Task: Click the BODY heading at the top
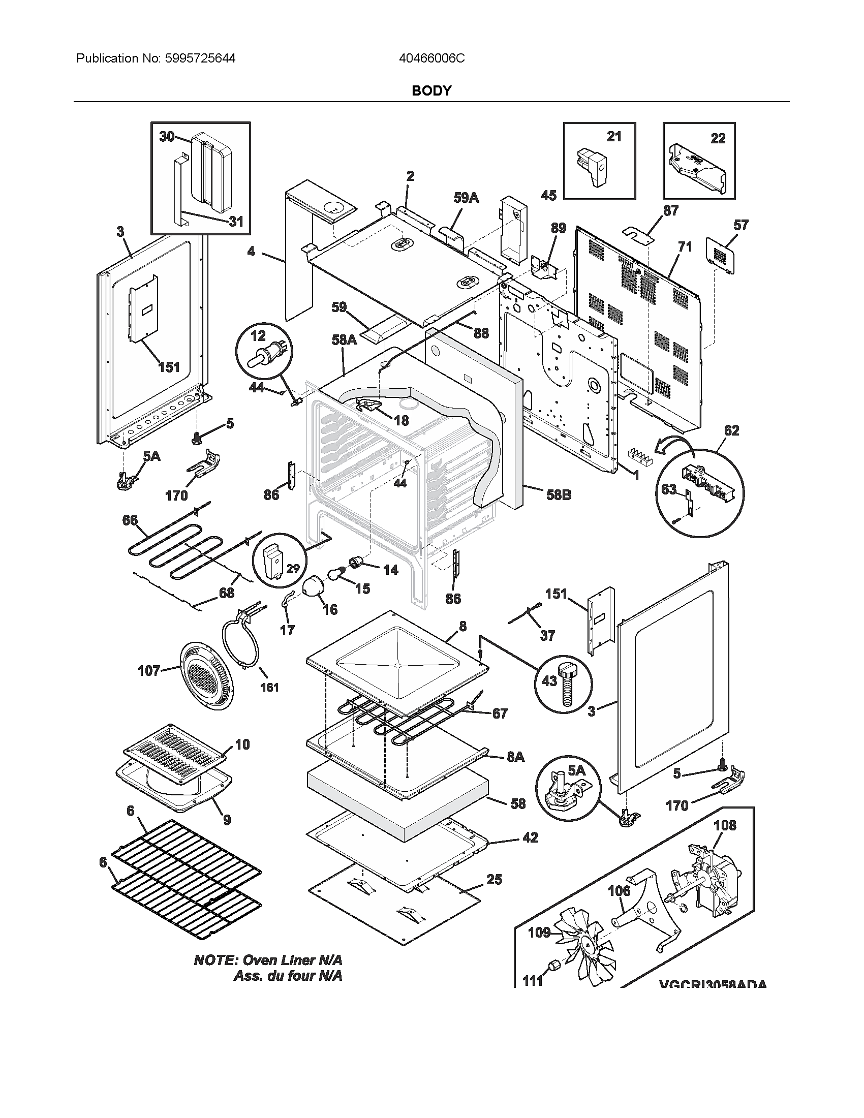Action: (431, 90)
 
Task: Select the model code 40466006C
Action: (431, 58)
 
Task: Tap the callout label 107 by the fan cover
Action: (149, 671)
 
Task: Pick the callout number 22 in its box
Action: (718, 139)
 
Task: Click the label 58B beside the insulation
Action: (559, 495)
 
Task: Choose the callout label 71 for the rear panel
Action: (685, 247)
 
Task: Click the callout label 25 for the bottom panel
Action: (494, 880)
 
